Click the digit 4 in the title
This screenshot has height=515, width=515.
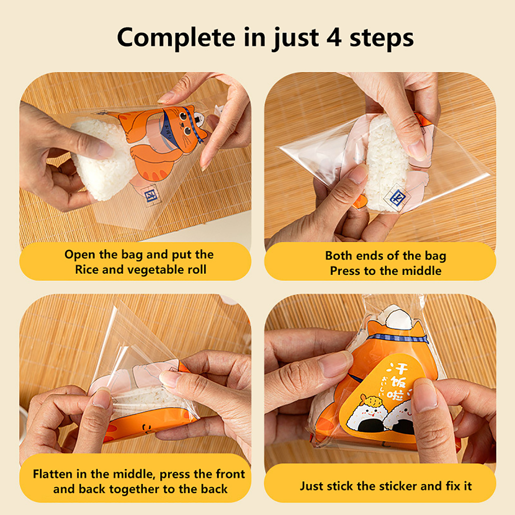coord(334,38)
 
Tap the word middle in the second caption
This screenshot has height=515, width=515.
coord(422,271)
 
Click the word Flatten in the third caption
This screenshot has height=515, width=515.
coord(53,474)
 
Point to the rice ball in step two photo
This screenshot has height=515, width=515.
coord(386,161)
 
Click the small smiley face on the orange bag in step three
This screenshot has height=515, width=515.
coord(148,428)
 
